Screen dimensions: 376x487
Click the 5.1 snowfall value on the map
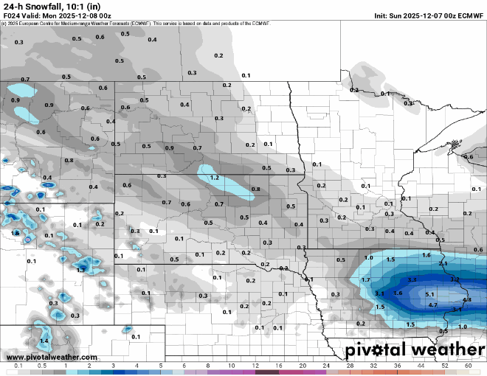point(430,293)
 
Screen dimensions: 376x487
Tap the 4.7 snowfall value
point(433,304)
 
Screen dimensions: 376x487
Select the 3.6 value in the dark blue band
point(398,293)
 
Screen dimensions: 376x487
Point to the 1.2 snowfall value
point(215,178)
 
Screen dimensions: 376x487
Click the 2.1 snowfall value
point(443,263)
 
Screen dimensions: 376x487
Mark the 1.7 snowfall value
point(365,281)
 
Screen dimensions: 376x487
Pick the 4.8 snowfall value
point(466,300)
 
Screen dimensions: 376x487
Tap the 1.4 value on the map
point(44,341)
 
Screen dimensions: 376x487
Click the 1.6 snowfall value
point(426,255)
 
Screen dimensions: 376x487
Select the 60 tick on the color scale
point(468,366)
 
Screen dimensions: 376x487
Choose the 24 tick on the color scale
point(325,366)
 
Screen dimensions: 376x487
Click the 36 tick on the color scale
point(397,366)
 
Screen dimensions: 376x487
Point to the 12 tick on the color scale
point(255,366)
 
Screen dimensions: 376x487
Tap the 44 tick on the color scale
point(421,366)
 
